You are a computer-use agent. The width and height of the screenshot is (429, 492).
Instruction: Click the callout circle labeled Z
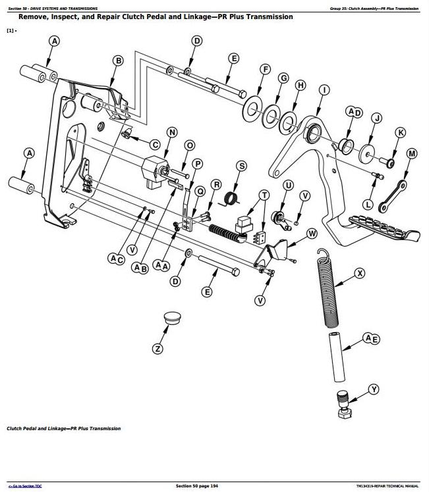[157, 349]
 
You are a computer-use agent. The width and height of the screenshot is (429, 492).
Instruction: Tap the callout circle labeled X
[359, 272]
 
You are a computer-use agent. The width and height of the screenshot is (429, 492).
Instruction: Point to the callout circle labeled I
[324, 90]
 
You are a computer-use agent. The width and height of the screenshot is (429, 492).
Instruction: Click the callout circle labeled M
[412, 154]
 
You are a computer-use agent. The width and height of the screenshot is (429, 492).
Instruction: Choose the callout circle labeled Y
[374, 389]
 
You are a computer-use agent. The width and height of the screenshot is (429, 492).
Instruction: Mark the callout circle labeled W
[312, 234]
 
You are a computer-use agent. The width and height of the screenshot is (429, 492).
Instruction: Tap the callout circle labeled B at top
[118, 61]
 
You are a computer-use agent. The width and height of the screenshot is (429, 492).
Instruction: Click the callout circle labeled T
[264, 195]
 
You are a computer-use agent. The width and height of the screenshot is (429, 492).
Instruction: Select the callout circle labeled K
[399, 132]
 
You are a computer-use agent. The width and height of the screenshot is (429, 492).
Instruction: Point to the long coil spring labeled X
[329, 289]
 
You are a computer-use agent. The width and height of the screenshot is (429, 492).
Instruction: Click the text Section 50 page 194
[196, 485]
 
